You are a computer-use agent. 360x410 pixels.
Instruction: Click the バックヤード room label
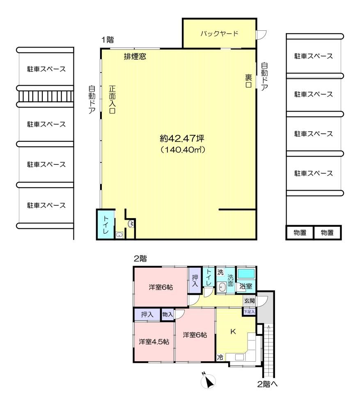pyautogui.click(x=219, y=34)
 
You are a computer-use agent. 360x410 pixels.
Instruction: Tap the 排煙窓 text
pyautogui.click(x=135, y=56)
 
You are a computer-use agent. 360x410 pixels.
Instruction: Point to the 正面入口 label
pyautogui.click(x=112, y=100)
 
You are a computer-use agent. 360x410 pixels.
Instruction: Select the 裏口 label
pyautogui.click(x=248, y=81)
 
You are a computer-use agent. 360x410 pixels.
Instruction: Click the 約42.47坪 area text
pyautogui.click(x=182, y=138)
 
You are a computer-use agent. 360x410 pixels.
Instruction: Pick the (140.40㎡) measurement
pyautogui.click(x=183, y=150)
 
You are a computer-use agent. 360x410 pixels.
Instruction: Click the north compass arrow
pyautogui.click(x=209, y=381)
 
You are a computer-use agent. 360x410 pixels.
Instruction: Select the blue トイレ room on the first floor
pyautogui.click(x=105, y=225)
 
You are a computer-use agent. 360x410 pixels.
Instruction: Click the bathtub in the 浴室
pyautogui.click(x=246, y=274)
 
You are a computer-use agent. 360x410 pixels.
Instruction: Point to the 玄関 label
pyautogui.click(x=250, y=301)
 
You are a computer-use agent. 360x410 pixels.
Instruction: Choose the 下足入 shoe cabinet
pyautogui.click(x=249, y=312)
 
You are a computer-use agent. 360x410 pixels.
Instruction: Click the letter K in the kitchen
pyautogui.click(x=233, y=332)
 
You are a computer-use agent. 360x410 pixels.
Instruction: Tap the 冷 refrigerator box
pyautogui.click(x=220, y=358)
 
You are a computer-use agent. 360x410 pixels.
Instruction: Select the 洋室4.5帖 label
pyautogui.click(x=154, y=342)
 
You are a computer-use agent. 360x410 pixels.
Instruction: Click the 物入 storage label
pyautogui.click(x=167, y=314)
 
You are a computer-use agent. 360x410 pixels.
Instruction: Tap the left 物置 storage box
pyautogui.click(x=300, y=232)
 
